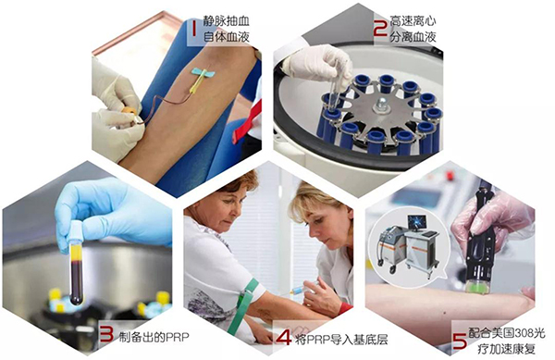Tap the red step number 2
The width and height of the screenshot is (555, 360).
(x=380, y=27)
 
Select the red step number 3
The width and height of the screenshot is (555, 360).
(x=106, y=334)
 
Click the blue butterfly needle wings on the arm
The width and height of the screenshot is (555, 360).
(x=203, y=72)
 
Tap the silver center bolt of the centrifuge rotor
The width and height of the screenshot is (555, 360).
(x=381, y=105)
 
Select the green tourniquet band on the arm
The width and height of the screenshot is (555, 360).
(x=242, y=305)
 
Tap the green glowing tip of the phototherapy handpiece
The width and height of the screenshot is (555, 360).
(x=476, y=285)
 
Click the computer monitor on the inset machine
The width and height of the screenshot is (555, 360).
(x=415, y=223)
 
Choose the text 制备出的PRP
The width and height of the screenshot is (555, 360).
(x=154, y=337)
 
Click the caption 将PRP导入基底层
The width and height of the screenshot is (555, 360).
(x=341, y=340)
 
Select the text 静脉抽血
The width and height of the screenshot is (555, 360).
(x=227, y=21)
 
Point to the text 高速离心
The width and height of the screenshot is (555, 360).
(x=413, y=21)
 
